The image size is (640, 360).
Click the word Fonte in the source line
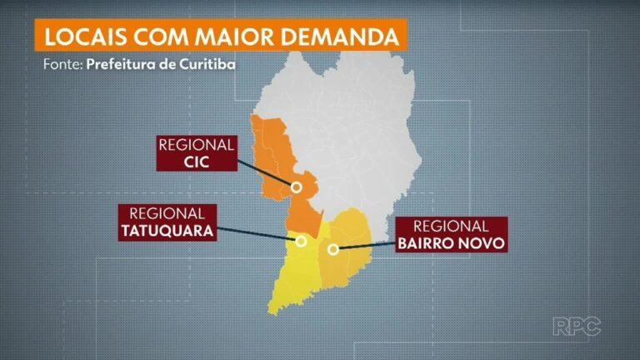[61, 65]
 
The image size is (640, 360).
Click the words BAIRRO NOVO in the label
[452, 242]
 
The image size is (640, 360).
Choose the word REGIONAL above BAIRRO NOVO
[452, 226]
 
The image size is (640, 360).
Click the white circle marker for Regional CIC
[294, 186]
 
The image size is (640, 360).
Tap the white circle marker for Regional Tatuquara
[300, 242]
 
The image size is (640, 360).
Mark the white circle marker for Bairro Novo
[332, 249]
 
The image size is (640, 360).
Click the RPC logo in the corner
[577, 326]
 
